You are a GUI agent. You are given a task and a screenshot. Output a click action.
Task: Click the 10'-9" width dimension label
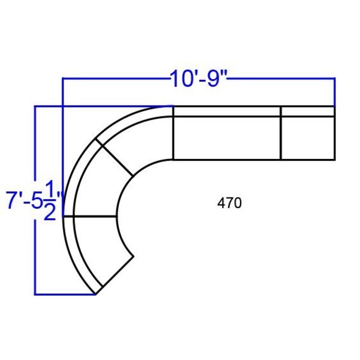[199, 79]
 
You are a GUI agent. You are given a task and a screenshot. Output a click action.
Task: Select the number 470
[229, 203]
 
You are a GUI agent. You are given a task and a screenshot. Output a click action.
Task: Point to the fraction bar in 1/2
[50, 200]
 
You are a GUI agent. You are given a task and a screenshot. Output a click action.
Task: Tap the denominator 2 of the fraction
[50, 211]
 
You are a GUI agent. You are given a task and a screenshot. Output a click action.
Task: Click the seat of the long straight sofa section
[227, 138]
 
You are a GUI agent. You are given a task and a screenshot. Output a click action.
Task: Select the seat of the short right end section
[308, 138]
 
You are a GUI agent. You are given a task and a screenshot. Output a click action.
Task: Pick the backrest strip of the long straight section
[227, 112]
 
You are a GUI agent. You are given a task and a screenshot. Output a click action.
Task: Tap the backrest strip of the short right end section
[308, 112]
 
